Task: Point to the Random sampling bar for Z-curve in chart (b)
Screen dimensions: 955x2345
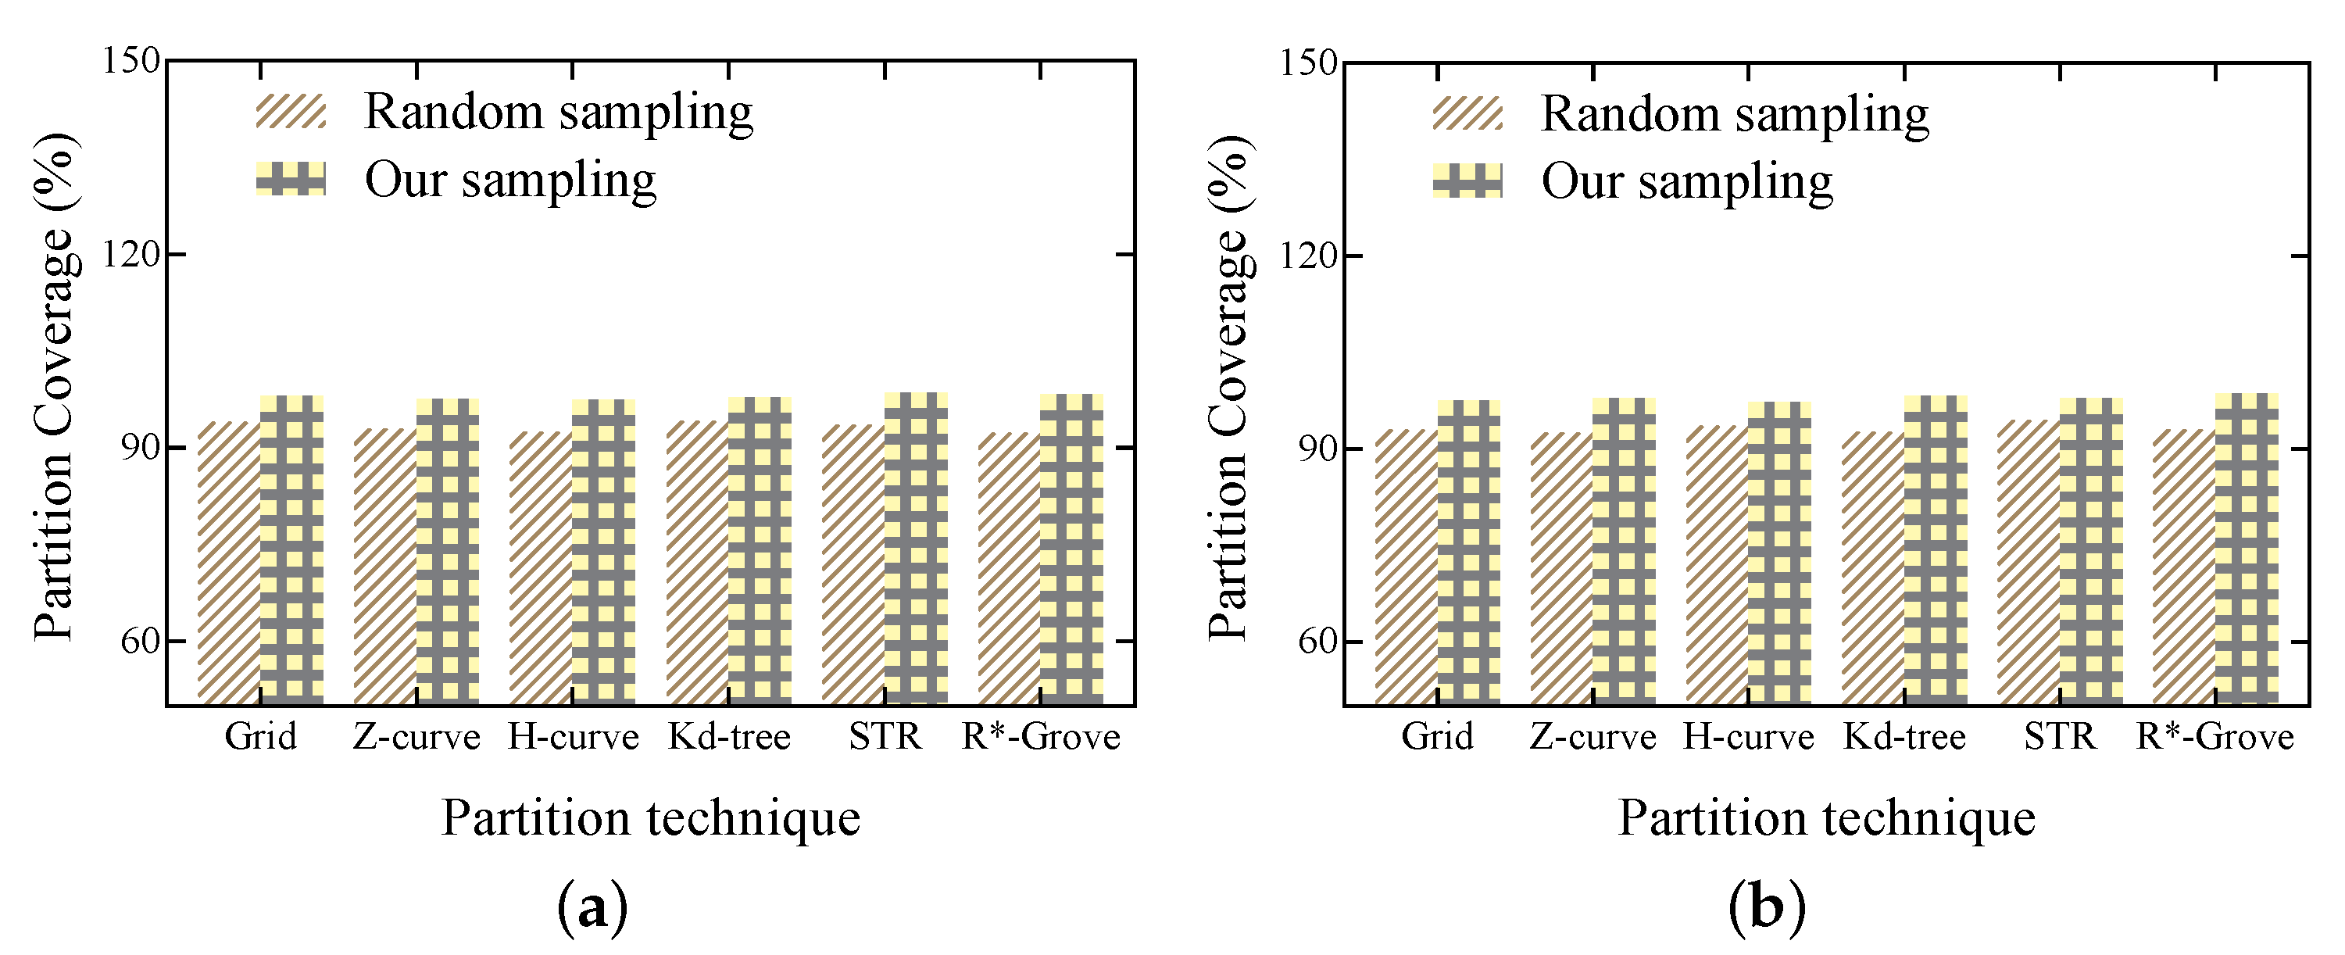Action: point(1561,568)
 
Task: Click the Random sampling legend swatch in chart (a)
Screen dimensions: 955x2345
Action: point(291,112)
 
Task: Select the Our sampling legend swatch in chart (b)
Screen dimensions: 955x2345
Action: point(1467,181)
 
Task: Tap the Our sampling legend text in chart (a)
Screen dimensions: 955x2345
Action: point(509,181)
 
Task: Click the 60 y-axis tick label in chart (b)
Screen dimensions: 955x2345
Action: point(1317,642)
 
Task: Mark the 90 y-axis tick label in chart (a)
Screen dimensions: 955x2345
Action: point(139,448)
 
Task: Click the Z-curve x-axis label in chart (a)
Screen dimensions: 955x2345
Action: point(416,736)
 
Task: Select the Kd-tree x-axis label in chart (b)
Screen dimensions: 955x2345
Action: point(1904,736)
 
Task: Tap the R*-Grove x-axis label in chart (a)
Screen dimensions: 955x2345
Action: point(1041,736)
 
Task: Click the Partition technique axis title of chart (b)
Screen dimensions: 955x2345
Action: point(1826,817)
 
